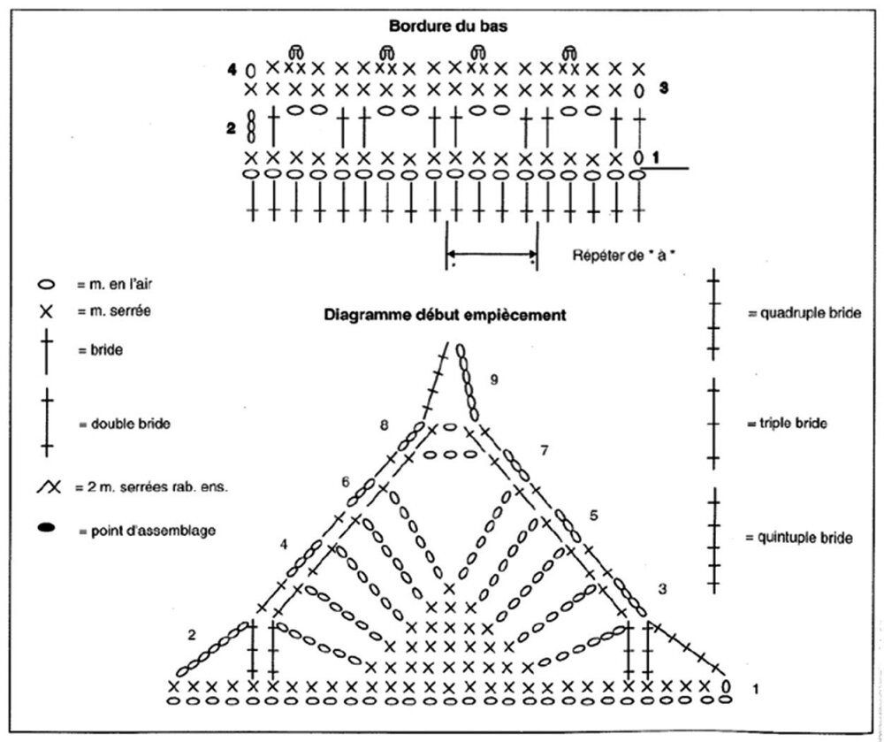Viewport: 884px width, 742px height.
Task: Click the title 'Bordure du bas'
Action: [x=448, y=26]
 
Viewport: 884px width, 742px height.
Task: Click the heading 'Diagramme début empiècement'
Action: [x=445, y=315]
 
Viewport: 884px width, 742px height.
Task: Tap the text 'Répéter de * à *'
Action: [x=624, y=256]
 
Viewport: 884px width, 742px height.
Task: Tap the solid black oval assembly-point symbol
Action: [x=46, y=528]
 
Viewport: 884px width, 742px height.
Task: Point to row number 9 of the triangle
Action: [x=494, y=379]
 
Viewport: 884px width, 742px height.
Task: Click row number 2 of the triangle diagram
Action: [x=192, y=636]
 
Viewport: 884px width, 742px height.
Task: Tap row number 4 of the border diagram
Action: [x=232, y=70]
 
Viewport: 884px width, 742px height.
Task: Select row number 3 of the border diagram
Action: [x=664, y=88]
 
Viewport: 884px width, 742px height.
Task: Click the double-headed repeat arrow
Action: [x=492, y=253]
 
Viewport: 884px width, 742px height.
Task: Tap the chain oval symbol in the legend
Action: [x=46, y=284]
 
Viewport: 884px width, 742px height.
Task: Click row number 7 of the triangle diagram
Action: [x=544, y=450]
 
